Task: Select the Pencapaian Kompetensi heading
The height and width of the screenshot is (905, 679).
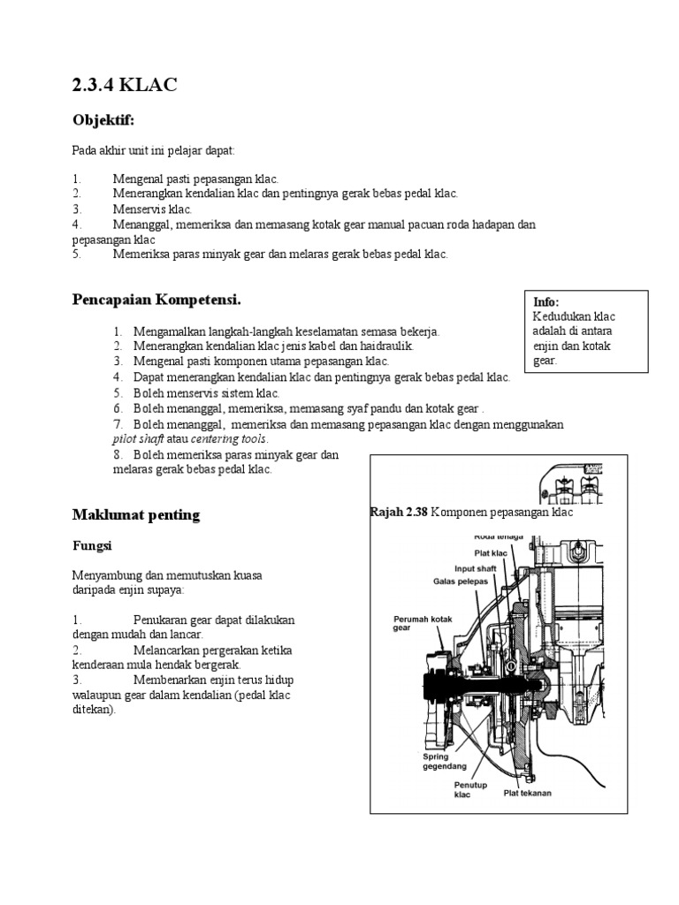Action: point(156,300)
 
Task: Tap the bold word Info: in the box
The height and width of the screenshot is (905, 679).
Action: point(546,302)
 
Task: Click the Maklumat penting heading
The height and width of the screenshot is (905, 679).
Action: point(135,514)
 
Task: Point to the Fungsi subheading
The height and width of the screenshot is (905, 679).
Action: point(91,545)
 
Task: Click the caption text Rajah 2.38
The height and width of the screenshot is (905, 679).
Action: point(399,513)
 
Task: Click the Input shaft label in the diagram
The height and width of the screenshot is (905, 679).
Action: point(476,567)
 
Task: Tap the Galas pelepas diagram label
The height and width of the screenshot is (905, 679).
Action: point(461,582)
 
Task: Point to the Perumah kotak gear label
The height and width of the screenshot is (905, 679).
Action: point(423,624)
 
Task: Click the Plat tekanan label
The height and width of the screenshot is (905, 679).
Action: point(527,793)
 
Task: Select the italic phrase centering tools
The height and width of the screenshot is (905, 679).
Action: point(228,439)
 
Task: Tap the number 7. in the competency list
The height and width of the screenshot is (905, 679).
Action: point(118,424)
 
